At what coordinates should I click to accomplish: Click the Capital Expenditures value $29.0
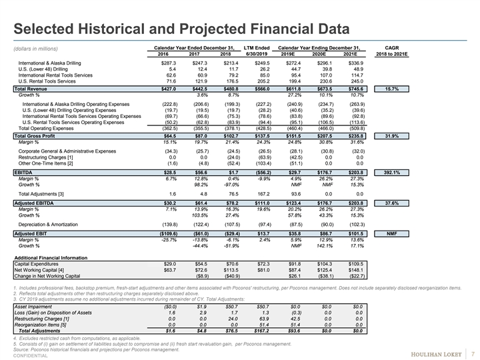165,264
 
